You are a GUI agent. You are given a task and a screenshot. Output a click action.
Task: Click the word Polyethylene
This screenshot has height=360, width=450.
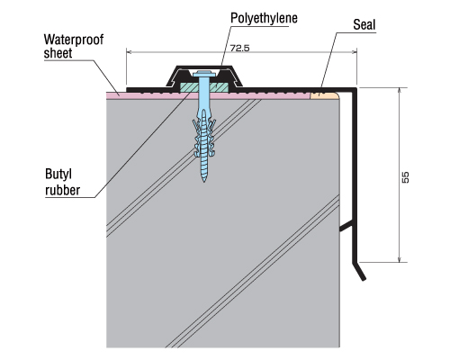264,18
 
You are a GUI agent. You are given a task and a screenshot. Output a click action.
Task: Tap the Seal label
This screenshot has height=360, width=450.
364,24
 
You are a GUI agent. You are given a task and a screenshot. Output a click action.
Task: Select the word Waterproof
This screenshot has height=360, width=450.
74,40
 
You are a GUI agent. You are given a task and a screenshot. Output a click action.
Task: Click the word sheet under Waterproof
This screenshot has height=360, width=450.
58,53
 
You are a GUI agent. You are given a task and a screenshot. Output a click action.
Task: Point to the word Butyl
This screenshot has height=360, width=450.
58,175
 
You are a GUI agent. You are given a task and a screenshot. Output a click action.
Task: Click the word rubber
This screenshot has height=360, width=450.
63,190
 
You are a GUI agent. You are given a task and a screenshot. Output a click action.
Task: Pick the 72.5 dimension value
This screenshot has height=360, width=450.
239,48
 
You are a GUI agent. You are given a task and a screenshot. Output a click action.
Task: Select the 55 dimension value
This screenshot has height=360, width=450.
405,177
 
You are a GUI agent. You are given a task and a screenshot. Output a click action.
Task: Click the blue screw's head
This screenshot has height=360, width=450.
203,74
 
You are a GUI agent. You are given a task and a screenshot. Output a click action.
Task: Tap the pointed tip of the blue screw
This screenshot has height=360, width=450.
204,181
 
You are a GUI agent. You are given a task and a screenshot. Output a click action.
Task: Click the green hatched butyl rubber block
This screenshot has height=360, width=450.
204,87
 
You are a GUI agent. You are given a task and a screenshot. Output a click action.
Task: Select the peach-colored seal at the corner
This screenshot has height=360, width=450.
324,95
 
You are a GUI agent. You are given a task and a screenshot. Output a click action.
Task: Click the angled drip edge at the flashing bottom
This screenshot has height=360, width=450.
359,272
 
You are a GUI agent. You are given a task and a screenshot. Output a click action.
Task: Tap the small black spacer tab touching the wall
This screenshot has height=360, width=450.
346,227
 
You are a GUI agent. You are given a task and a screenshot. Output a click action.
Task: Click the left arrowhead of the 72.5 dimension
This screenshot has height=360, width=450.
129,52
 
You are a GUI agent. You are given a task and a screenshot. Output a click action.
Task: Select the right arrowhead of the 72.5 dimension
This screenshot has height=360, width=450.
354,52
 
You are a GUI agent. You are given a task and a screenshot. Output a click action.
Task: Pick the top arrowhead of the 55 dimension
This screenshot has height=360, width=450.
399,91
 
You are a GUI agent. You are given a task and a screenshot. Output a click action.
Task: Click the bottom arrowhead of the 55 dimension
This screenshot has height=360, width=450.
399,259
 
